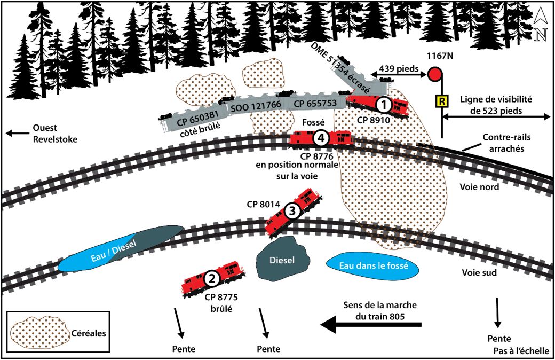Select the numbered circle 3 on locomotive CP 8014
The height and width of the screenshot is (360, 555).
pos(291,211)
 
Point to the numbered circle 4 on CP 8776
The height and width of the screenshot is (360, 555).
pos(320,138)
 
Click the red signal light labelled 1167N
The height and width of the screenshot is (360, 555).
pos(435,74)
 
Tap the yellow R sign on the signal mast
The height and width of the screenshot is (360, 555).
pos(442,100)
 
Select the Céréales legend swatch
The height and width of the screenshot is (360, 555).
pos(39,333)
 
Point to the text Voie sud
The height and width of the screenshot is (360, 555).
pos(479,272)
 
